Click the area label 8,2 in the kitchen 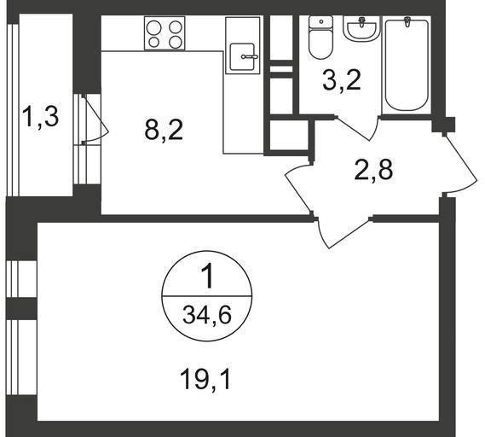click(x=164, y=130)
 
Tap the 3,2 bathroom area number click(x=342, y=80)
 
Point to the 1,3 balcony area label click(x=41, y=117)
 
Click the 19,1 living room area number click(x=205, y=380)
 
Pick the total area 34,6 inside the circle click(x=207, y=315)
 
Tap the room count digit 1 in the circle click(x=208, y=277)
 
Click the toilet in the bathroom click(x=320, y=38)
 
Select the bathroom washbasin click(x=361, y=28)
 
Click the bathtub click(x=407, y=65)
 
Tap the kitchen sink click(x=242, y=56)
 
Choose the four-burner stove click(x=165, y=33)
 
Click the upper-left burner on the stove click(x=154, y=27)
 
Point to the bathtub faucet click(x=407, y=21)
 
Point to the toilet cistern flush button click(x=321, y=21)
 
